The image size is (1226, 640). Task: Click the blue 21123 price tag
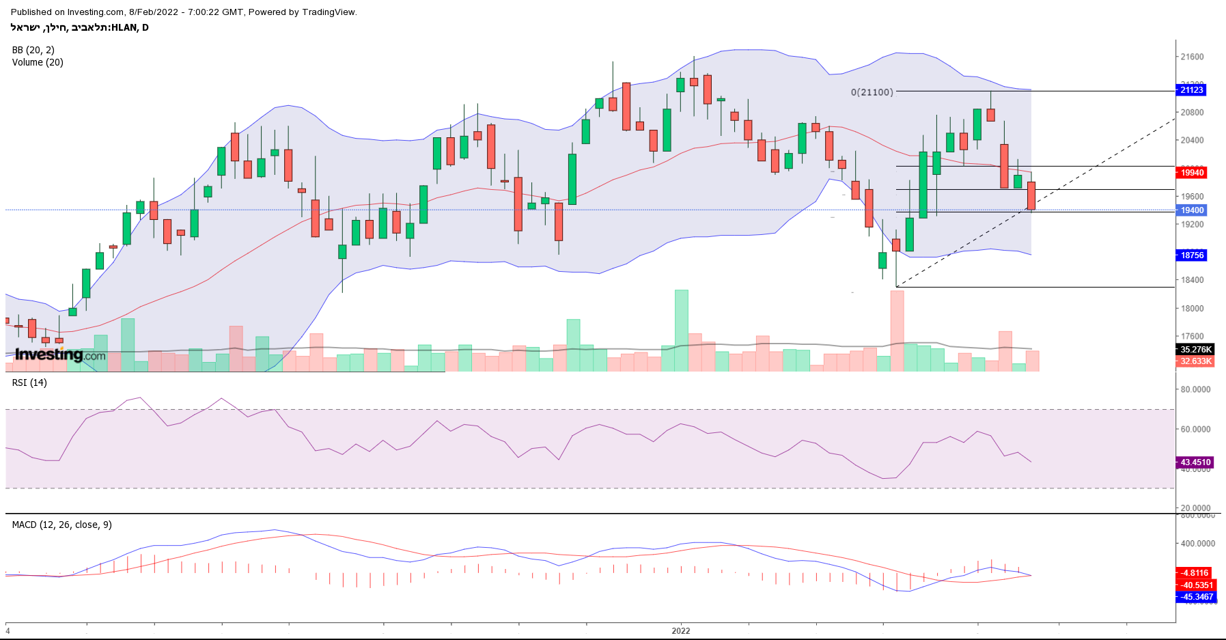pos(1192,90)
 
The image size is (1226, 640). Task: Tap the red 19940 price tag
pos(1192,173)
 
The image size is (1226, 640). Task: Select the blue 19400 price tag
pos(1192,210)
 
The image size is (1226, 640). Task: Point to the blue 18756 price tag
pos(1192,255)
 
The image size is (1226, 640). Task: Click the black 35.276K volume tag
pos(1195,350)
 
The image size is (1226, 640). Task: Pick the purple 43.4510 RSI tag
pos(1195,462)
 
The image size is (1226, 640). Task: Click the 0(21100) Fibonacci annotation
pos(872,92)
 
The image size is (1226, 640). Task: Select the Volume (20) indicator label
pos(38,62)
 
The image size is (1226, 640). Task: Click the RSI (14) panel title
pos(29,382)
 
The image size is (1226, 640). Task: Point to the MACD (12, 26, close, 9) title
pos(61,525)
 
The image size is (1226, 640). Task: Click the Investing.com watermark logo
pos(60,354)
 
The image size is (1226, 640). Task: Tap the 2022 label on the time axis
pos(680,630)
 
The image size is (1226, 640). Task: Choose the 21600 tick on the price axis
pos(1192,57)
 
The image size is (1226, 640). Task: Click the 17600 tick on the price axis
pos(1192,336)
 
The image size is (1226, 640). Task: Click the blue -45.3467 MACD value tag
pos(1197,597)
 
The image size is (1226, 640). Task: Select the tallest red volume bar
pos(897,331)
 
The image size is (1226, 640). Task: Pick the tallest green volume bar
pos(681,331)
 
